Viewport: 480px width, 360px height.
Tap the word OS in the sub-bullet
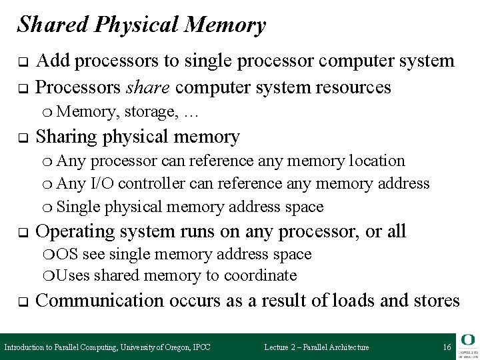tap(66, 254)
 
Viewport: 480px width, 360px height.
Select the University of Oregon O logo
tap(467, 339)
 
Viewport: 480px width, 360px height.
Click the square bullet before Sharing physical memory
tap(21, 138)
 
